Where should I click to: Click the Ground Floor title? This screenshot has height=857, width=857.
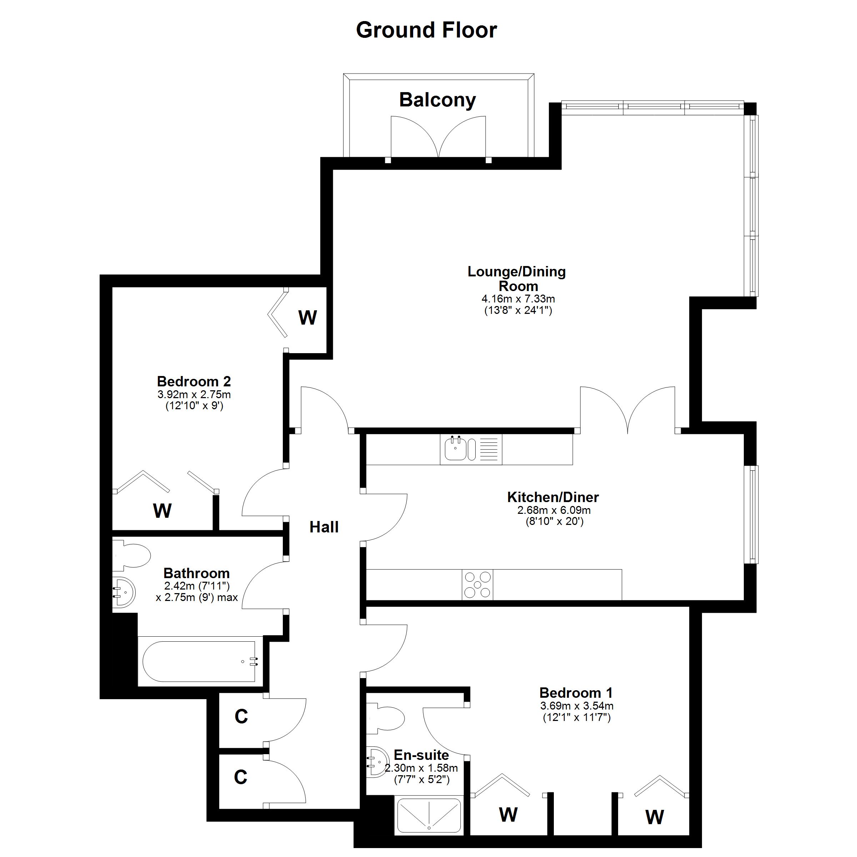(426, 30)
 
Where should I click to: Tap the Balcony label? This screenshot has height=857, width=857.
(437, 100)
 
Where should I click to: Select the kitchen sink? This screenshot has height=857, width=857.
(471, 449)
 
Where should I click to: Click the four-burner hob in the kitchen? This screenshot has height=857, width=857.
(477, 585)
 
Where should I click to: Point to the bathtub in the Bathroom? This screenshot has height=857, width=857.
(199, 661)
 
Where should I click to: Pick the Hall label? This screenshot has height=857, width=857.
(324, 527)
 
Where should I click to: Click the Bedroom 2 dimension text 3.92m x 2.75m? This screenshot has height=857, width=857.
(194, 394)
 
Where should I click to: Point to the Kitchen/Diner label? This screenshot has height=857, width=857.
(553, 497)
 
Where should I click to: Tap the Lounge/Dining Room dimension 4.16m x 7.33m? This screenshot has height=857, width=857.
(518, 299)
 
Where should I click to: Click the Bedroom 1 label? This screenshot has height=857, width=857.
(576, 692)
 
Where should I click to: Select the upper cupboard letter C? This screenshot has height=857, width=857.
(241, 716)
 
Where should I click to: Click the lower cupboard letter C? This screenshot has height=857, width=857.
(240, 777)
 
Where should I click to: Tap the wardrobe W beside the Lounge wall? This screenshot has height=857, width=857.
(307, 317)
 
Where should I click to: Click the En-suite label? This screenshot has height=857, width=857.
(421, 755)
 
